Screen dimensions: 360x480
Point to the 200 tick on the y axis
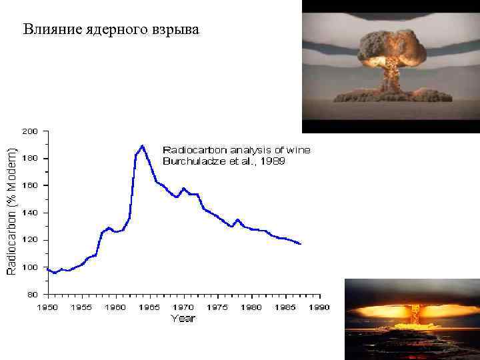31,131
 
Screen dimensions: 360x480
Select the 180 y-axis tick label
31,159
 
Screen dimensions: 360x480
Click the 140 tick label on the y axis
31,213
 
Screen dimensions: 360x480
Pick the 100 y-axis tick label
31,267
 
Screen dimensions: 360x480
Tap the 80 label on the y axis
33,293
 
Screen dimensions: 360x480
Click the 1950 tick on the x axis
47,307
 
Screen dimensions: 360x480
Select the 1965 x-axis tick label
149,307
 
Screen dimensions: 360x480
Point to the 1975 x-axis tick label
217,307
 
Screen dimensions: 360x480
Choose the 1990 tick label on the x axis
319,307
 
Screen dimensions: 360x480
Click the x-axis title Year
183,319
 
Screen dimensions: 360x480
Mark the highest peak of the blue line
142,145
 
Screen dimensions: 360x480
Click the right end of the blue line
301,244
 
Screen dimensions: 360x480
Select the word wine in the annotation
297,149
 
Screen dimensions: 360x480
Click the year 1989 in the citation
272,161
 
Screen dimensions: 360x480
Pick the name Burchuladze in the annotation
195,161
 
